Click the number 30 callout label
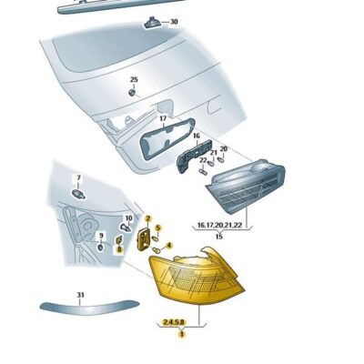(x=175, y=21)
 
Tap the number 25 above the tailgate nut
(x=133, y=80)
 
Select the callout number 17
(x=162, y=118)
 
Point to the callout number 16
(x=195, y=136)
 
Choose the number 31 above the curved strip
(x=80, y=295)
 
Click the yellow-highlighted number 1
(x=181, y=334)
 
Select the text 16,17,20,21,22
(x=218, y=224)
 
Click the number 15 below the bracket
(x=218, y=236)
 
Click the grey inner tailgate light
(x=244, y=192)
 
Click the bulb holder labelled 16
(x=191, y=157)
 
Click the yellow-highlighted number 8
(x=118, y=248)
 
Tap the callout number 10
(x=128, y=218)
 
